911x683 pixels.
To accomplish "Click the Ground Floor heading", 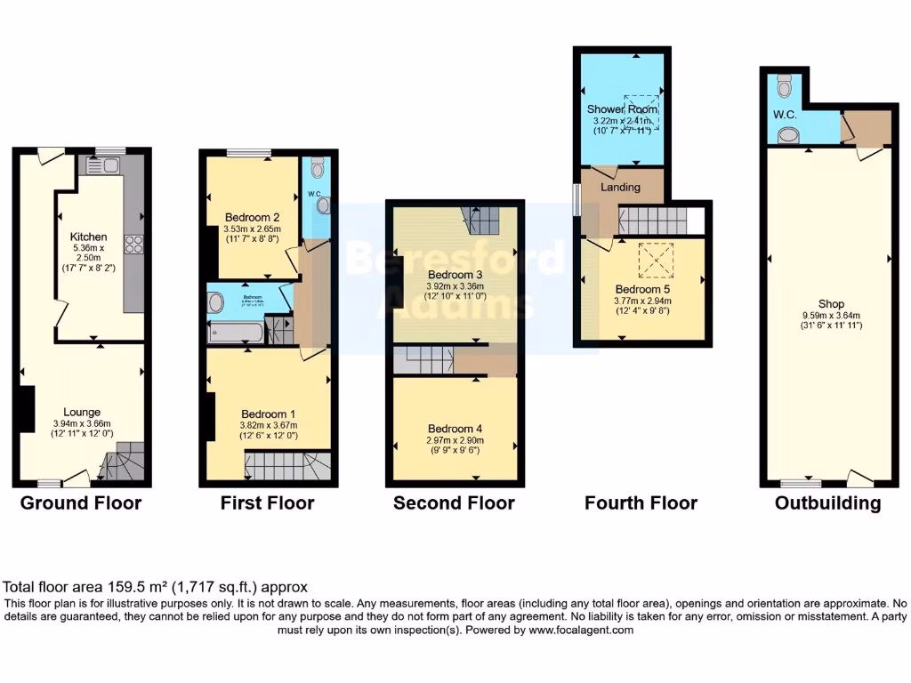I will (x=81, y=503).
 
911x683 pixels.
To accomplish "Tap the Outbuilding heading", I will (x=827, y=503).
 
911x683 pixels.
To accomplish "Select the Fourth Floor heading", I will (x=641, y=503).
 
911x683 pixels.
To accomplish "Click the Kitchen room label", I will (x=89, y=237).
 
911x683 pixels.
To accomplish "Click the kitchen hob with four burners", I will (x=134, y=244).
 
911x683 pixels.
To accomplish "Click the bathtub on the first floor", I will (x=235, y=333).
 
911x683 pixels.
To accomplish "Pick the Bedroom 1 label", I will (x=268, y=414).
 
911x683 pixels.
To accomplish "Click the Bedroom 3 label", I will (x=455, y=274).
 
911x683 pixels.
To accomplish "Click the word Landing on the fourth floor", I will (x=621, y=188).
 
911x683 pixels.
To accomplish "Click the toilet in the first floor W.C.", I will (x=321, y=168).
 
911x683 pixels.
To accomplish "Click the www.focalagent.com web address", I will (x=580, y=630).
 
